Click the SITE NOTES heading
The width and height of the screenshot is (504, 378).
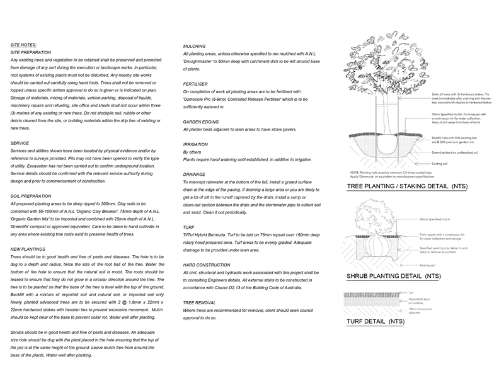point(23,45)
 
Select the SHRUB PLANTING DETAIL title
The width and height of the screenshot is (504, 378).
point(394,276)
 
